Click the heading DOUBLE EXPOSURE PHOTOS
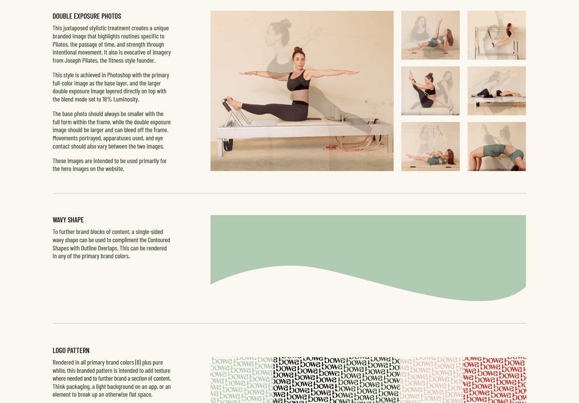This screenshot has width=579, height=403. pyautogui.click(x=87, y=16)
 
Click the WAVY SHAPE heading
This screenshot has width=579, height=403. pyautogui.click(x=68, y=220)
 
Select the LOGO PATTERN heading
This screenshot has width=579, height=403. pyautogui.click(x=71, y=350)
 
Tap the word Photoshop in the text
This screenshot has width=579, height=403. pyautogui.click(x=119, y=75)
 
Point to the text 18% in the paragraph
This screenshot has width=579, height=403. pyautogui.click(x=108, y=99)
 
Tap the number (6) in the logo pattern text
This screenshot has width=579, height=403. pyautogui.click(x=138, y=362)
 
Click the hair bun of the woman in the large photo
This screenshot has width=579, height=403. pyautogui.click(x=298, y=49)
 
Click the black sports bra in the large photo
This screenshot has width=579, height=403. pyautogui.click(x=298, y=82)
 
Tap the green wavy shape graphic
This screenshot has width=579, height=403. pyautogui.click(x=368, y=246)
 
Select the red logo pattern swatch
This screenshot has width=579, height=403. pyautogui.click(x=494, y=380)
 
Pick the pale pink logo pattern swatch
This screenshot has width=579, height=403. pyautogui.click(x=431, y=380)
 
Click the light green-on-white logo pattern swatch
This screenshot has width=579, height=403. pyautogui.click(x=241, y=380)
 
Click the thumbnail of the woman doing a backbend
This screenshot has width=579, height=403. pyautogui.click(x=497, y=147)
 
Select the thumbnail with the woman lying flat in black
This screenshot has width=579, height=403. pyautogui.click(x=497, y=91)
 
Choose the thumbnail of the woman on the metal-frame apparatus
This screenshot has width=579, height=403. pyautogui.click(x=497, y=35)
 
